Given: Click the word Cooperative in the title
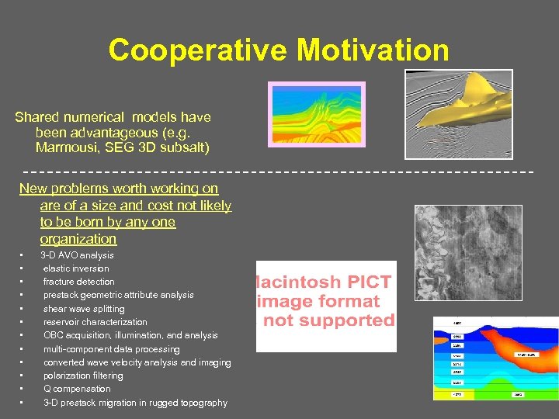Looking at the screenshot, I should (199, 50).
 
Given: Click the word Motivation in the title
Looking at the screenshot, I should (373, 50).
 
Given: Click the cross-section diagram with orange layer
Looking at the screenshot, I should (495, 358).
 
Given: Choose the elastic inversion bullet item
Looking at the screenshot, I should (76, 268).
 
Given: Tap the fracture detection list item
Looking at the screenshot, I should (78, 282).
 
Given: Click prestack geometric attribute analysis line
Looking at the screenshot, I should (118, 295).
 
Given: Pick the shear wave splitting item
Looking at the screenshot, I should (84, 309).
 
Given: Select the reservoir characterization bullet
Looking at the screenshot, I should (95, 322).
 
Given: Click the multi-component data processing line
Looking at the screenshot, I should (111, 349).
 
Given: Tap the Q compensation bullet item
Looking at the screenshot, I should (77, 389).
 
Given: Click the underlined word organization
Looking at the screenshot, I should (78, 239).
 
